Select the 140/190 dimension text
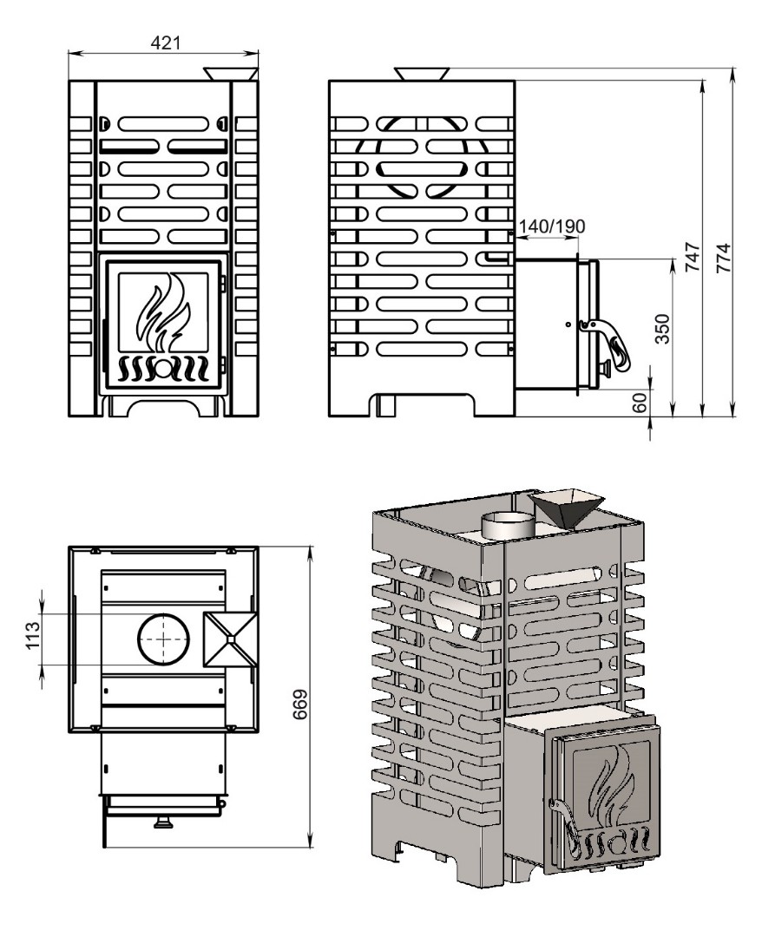pos(551,226)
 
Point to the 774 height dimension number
pos(728,258)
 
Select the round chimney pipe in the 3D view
pos(509,524)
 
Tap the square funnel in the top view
pos(227,639)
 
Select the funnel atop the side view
pos(422,73)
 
